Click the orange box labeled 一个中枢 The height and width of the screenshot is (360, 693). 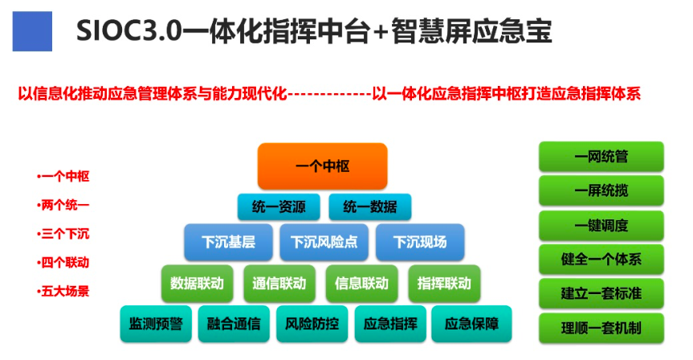[323, 166]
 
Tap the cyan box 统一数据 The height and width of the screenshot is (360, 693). [369, 207]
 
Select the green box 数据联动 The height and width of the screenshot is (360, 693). [198, 284]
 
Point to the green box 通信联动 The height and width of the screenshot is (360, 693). [279, 284]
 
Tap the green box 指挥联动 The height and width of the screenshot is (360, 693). [444, 284]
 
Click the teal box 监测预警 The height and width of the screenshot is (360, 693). [156, 325]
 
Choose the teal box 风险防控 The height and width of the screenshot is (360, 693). [312, 325]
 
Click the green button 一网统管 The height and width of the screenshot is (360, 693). [601, 157]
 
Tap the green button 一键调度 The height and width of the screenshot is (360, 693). [601, 226]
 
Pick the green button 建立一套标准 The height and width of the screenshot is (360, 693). [601, 293]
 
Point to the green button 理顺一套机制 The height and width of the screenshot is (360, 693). [601, 328]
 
